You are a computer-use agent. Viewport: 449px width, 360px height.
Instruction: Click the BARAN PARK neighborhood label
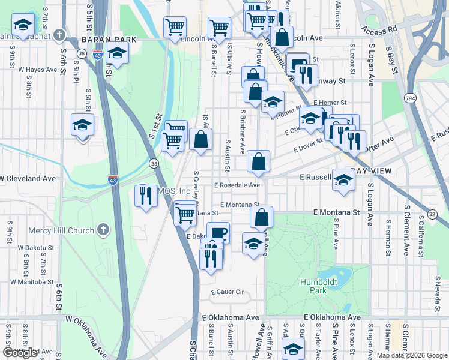[x=109, y=39]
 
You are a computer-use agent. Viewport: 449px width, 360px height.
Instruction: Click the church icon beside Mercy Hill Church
[x=103, y=230]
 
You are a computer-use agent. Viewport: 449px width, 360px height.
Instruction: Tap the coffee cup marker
[x=218, y=233]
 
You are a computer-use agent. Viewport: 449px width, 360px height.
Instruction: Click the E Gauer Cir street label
[x=227, y=292]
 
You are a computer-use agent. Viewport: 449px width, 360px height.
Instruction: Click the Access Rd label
[x=380, y=28]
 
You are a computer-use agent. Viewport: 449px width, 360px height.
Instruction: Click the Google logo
[x=20, y=353]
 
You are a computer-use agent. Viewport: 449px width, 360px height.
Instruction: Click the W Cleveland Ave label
[x=28, y=179]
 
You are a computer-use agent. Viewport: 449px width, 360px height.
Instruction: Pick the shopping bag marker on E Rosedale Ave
[x=258, y=162]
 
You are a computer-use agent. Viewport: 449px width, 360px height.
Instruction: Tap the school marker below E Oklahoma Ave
[x=293, y=349]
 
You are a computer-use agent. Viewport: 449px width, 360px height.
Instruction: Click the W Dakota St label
[x=38, y=247]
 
